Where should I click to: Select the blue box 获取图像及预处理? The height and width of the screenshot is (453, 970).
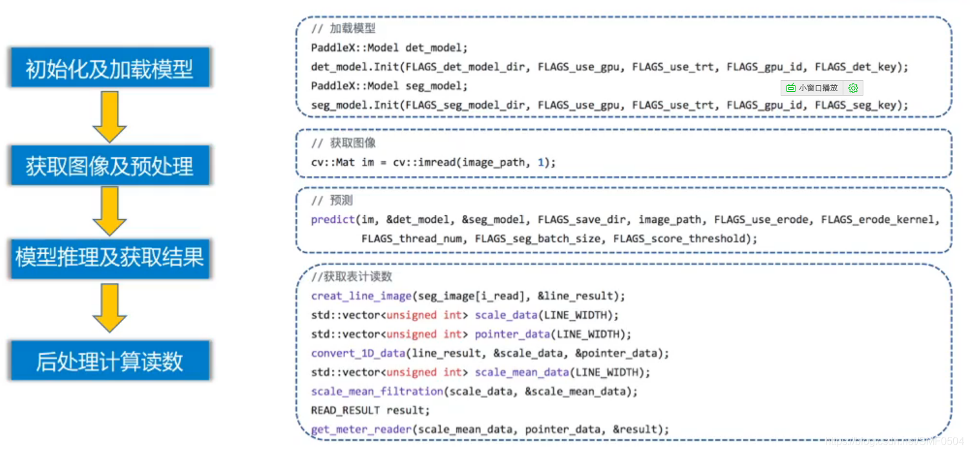(109, 166)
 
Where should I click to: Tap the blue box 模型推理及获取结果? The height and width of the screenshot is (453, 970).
(109, 258)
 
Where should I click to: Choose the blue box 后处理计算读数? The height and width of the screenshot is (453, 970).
(109, 361)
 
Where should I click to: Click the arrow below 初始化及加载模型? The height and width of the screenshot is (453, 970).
(109, 116)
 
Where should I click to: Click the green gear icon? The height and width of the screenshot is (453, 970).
(853, 88)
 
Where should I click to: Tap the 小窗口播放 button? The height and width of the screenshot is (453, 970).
(812, 88)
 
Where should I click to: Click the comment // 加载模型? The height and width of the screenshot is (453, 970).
(343, 29)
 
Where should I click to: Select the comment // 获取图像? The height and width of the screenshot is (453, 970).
(343, 143)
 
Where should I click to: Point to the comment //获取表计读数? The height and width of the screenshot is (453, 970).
(352, 277)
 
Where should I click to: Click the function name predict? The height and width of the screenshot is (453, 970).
(333, 220)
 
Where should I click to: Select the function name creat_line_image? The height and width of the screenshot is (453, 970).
(361, 296)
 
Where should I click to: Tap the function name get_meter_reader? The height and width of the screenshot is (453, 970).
(361, 429)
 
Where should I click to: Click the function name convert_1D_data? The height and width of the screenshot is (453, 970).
(359, 353)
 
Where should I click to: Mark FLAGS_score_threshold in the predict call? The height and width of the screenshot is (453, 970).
(681, 238)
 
